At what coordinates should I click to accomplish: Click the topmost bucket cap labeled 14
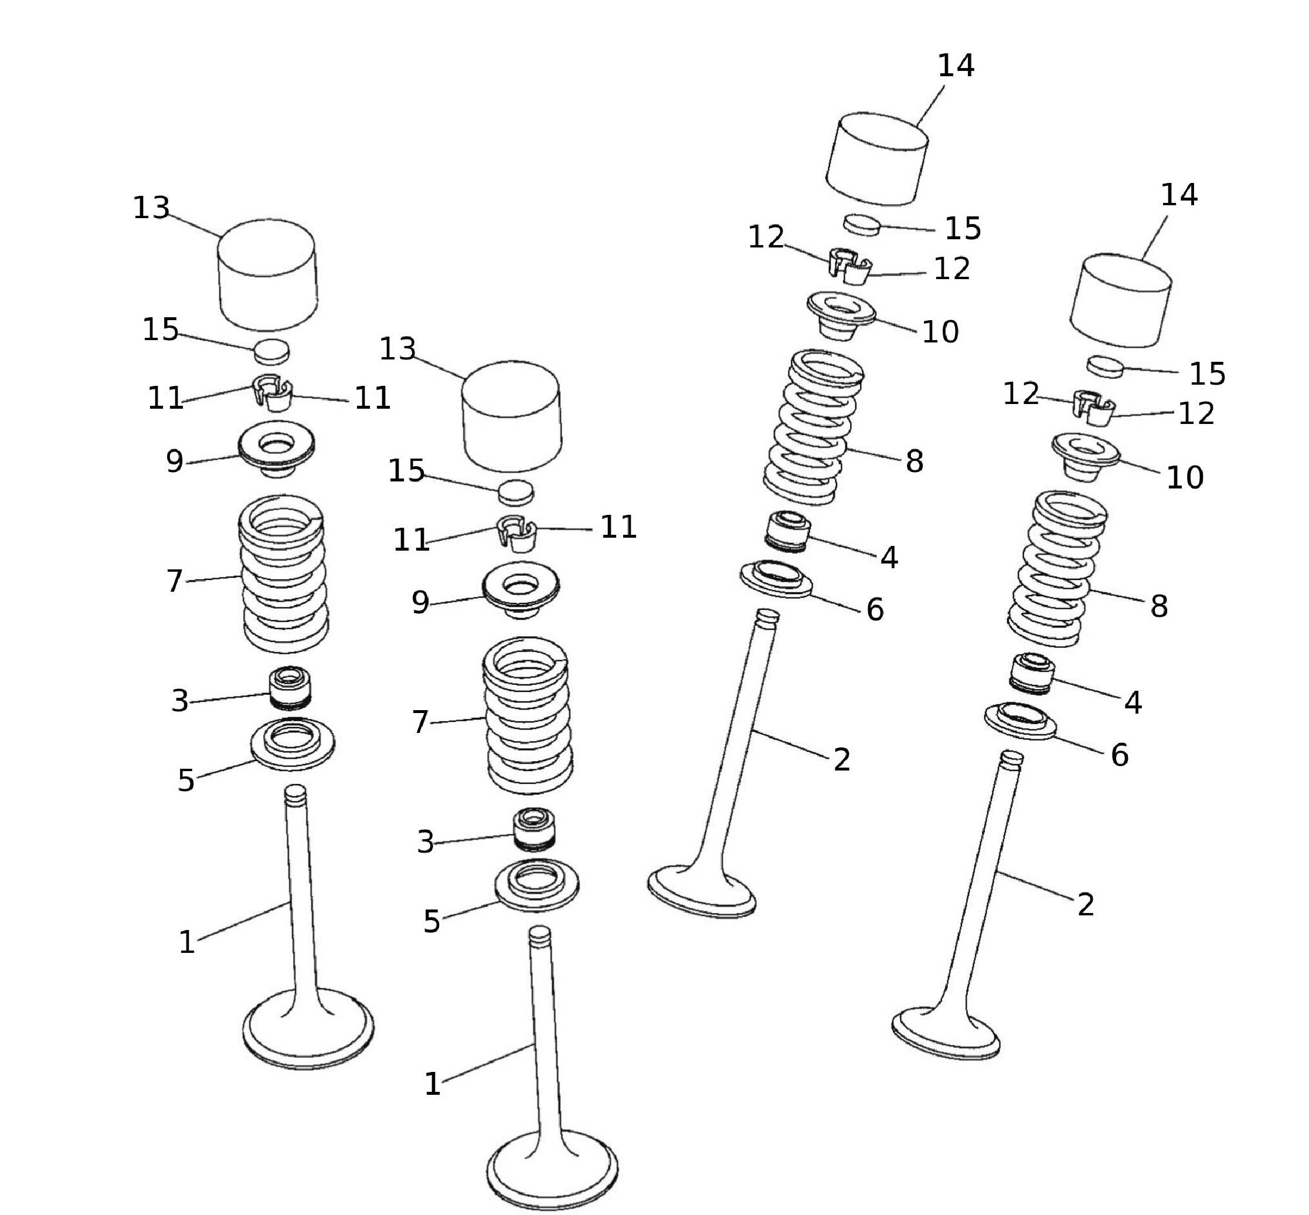point(876,158)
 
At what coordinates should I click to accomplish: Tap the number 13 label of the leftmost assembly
point(151,208)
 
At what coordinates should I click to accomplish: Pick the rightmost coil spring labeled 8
point(1057,569)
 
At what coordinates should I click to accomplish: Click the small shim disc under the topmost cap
point(862,223)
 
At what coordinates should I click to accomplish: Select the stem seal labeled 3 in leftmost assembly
point(290,688)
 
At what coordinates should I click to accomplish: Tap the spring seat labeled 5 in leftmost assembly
point(293,744)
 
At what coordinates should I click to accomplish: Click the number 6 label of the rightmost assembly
point(1119,755)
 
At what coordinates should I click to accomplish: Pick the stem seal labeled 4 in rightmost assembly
point(1032,674)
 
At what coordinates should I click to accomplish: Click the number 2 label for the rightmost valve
point(1086,905)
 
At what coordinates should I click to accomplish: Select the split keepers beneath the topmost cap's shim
point(849,266)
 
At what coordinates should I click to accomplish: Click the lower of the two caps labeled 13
point(511,416)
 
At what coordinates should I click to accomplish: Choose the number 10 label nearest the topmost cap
point(940,332)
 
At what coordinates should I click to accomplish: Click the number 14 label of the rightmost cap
point(1179,195)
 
